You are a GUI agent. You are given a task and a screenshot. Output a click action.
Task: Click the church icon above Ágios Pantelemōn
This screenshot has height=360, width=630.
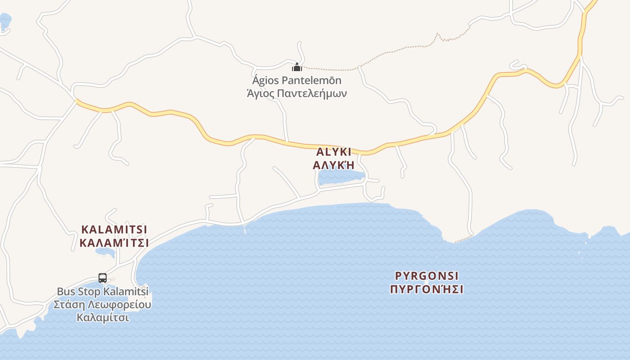click(x=297, y=67)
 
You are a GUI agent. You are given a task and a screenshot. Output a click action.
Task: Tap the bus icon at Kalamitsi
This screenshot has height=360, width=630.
click(x=103, y=278)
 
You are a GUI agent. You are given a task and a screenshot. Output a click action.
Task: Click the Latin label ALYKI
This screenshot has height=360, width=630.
click(x=333, y=152)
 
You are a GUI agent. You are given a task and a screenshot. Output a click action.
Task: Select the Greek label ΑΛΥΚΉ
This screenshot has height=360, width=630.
click(x=333, y=165)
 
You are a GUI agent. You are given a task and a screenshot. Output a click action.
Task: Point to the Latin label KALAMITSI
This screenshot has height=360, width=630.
click(x=114, y=229)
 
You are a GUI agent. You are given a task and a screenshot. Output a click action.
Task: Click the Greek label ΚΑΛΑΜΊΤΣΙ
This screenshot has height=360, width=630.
click(x=114, y=243)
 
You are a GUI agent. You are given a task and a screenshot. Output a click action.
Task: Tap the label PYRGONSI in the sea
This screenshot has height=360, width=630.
click(x=427, y=275)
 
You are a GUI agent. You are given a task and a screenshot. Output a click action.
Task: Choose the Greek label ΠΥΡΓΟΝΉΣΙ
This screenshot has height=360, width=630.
click(x=427, y=289)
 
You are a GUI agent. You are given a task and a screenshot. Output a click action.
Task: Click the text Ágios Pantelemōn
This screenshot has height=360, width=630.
click(x=297, y=81)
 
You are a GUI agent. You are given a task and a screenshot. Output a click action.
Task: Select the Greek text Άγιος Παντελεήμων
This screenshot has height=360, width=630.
click(x=297, y=94)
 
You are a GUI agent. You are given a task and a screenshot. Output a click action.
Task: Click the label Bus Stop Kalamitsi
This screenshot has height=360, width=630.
click(x=103, y=292)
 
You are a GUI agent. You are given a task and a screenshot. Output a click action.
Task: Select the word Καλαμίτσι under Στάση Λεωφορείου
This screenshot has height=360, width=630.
click(x=103, y=317)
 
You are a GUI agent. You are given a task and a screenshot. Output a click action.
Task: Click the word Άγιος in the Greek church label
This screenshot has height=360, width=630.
click(x=260, y=94)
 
